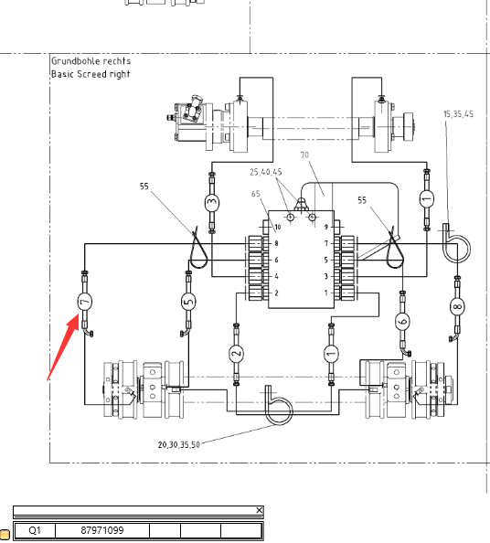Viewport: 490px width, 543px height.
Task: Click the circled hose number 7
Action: (x=84, y=302)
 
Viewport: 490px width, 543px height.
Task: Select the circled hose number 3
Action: (x=212, y=202)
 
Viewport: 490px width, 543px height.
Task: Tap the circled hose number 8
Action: (x=457, y=306)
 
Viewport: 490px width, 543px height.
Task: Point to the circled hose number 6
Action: (x=402, y=322)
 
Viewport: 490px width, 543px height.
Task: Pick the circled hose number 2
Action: (x=236, y=354)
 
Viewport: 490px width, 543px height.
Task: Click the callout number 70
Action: (x=304, y=154)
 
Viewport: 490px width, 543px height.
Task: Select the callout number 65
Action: (x=256, y=194)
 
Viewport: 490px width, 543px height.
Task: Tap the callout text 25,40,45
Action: (x=266, y=172)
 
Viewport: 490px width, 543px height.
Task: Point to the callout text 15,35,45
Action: (x=459, y=114)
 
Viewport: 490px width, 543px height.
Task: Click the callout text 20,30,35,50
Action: (x=179, y=444)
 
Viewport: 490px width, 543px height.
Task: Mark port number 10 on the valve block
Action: (x=278, y=228)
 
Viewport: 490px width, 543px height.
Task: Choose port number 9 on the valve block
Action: (x=326, y=227)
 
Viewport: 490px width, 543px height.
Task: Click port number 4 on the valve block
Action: (x=277, y=276)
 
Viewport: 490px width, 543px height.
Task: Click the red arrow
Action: (x=63, y=346)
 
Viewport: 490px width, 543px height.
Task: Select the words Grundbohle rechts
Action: (x=91, y=61)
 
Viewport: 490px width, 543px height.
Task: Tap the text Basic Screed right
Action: (x=91, y=74)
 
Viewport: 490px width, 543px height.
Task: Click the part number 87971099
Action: (x=102, y=530)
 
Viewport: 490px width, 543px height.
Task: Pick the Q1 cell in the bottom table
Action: (x=35, y=530)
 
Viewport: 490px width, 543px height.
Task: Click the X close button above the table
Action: (x=260, y=510)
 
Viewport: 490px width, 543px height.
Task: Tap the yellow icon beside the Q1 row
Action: (x=5, y=534)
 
